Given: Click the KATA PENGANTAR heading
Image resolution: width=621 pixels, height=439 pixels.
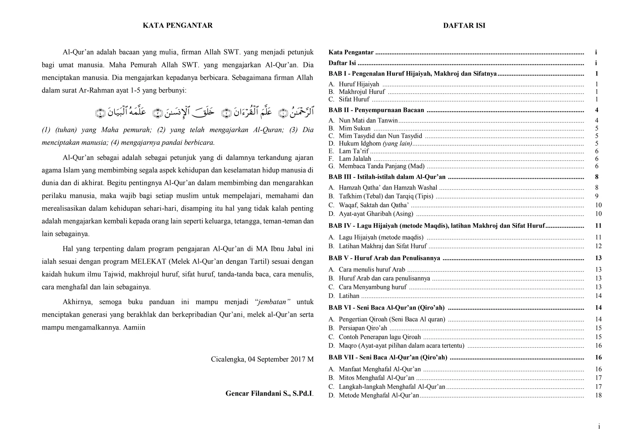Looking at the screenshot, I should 178,25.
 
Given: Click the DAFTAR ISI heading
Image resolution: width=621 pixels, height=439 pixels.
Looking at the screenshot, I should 464,25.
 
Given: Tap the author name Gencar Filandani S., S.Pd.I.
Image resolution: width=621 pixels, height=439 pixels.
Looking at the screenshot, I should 269,394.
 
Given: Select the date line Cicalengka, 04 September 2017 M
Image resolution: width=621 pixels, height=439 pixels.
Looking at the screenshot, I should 262,359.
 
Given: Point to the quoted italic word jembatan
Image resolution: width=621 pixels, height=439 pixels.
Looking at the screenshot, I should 273,302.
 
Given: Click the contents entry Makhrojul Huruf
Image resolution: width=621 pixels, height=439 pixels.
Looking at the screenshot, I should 361,92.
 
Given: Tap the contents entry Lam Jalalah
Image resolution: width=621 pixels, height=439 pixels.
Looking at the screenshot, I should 355,159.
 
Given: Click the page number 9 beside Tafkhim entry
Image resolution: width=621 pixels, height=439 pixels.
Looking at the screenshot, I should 596,196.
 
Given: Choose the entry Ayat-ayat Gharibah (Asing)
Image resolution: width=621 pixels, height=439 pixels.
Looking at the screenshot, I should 376,214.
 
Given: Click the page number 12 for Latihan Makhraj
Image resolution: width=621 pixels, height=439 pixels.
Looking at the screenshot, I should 598,246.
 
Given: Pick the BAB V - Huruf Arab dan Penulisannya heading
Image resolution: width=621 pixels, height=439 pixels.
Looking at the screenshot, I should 384,258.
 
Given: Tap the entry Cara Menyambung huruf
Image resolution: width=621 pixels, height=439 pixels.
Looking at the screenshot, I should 372,287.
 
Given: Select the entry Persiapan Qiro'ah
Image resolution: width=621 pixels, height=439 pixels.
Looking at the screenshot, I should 363,328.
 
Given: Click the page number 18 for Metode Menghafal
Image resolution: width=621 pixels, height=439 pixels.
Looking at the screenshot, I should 598,395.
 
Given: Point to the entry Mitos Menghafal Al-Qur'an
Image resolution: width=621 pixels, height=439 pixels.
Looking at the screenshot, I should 376,378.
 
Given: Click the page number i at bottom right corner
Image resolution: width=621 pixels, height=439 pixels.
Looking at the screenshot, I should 599,427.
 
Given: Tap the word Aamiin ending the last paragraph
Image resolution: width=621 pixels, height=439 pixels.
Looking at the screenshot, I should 134,328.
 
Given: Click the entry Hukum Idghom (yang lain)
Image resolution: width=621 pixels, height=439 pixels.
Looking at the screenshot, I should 375,144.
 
